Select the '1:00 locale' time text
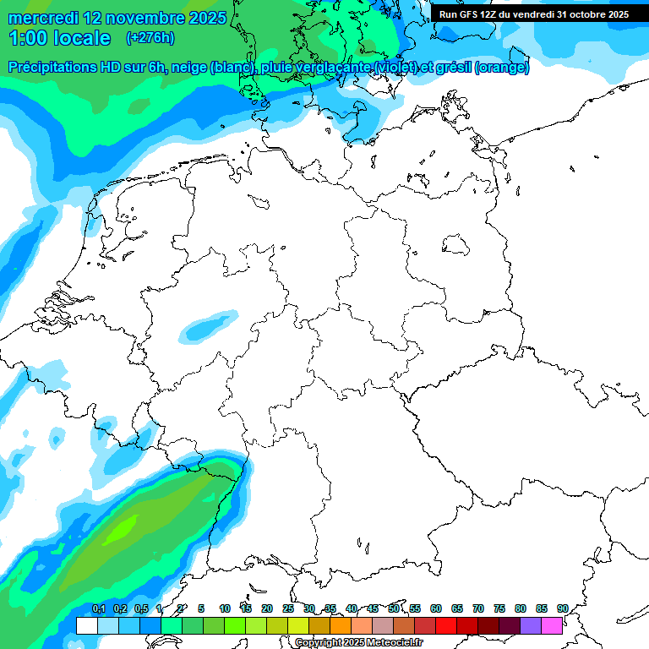[59, 38]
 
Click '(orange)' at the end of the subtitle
[502, 68]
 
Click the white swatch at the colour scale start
[87, 625]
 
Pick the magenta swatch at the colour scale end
[552, 625]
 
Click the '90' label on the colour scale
[562, 608]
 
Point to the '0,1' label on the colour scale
[98, 608]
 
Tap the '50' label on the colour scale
[394, 608]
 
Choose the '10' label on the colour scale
[225, 608]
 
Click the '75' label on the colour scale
[499, 608]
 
